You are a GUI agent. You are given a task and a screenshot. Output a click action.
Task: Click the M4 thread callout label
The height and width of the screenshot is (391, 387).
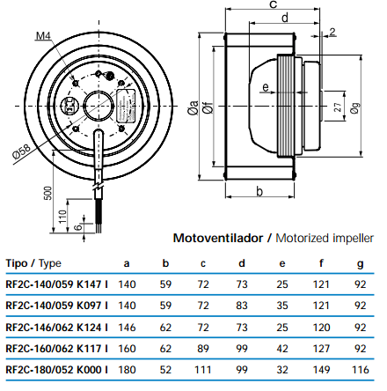pos(43,36)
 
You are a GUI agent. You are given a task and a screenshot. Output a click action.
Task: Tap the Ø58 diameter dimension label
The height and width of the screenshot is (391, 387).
pos(21,151)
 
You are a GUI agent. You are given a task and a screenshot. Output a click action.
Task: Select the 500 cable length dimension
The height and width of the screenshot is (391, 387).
pos(47,193)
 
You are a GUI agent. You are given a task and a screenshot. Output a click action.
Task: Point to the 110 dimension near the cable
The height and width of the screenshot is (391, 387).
pos(62,216)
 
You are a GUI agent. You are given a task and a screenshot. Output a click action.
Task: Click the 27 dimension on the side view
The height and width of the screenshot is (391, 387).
pos(338,107)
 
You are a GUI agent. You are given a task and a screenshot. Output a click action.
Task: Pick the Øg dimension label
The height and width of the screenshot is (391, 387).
pos(354,107)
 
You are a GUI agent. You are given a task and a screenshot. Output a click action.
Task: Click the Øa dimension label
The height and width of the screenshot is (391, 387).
pos(193,107)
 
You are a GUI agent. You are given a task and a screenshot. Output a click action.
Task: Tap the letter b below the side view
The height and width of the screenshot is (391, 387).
pos(259,191)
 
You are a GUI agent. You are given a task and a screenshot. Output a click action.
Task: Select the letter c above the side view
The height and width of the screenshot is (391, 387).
pos(273,4)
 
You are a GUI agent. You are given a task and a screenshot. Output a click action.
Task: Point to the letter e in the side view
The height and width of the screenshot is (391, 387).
pos(266,87)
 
